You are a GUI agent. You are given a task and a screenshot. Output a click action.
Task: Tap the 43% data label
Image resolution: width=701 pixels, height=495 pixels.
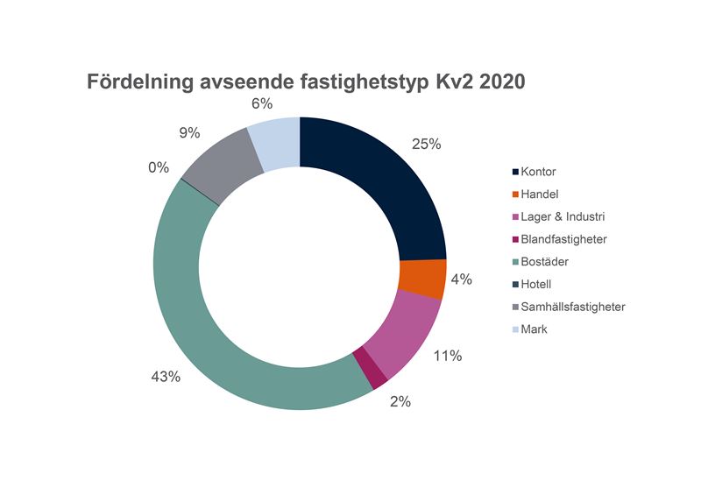pos(165,377)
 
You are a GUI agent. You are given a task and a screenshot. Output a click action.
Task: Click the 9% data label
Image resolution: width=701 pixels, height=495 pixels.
pos(189,133)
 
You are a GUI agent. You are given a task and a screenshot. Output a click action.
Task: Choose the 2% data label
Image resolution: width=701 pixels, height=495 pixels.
pos(400,402)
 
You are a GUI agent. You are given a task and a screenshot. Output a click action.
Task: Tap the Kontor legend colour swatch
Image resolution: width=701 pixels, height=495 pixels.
pos(514,171)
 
